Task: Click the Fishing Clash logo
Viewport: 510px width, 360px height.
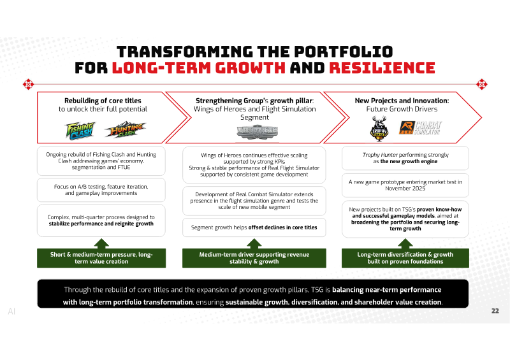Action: coord(80,131)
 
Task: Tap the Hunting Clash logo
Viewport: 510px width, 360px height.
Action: coord(126,129)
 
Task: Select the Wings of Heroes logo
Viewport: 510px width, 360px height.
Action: coord(258,132)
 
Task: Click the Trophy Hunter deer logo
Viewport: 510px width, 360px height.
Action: coord(379,129)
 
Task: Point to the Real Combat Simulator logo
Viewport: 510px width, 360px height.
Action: coord(420,127)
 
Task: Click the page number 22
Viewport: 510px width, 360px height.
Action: coord(495,311)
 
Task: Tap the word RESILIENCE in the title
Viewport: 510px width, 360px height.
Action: coord(382,68)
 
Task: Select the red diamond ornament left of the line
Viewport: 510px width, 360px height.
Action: coord(28,84)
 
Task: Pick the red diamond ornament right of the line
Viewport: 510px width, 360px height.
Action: coord(482,84)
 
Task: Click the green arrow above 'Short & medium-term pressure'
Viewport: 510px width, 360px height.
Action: coord(101,243)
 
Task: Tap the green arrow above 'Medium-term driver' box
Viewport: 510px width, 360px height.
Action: coord(254,243)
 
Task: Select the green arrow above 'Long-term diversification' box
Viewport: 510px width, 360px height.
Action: coord(405,243)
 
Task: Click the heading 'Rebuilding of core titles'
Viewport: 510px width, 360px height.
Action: coord(103,101)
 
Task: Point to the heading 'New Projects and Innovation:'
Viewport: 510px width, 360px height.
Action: coord(402,101)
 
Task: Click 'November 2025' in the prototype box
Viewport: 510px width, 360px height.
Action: coord(405,189)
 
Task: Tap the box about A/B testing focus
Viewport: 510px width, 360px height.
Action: coord(101,190)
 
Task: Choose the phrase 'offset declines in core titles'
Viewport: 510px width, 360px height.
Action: coord(282,227)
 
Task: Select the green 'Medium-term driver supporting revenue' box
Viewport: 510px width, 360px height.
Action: coord(254,258)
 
